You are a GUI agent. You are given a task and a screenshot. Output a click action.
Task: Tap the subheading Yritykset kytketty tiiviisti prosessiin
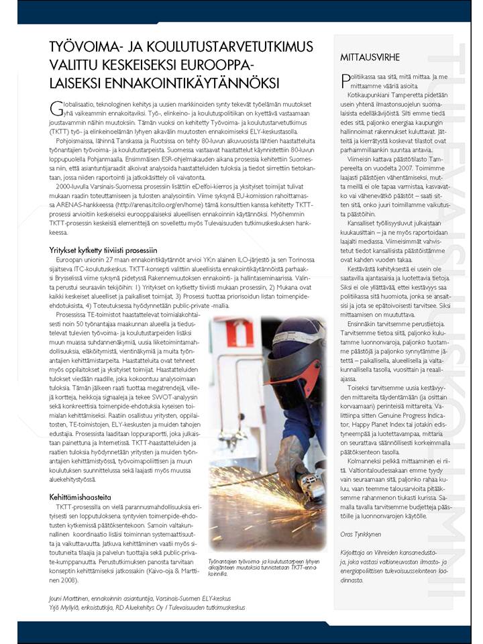click(107, 250)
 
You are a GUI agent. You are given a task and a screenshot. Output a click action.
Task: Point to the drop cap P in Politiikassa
click(344, 79)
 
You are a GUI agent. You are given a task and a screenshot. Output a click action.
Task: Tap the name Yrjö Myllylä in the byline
click(70, 607)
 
